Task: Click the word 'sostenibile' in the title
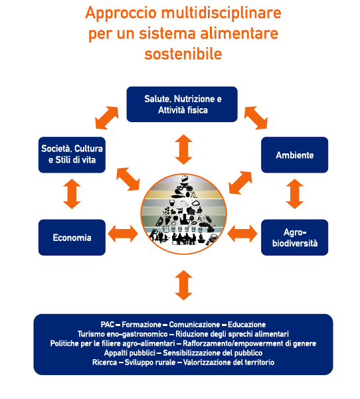coord(183,54)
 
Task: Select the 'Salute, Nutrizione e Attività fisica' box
coord(182,104)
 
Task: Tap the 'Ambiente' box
coord(294,155)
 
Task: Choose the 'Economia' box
coord(72,238)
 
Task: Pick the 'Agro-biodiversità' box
coord(294,238)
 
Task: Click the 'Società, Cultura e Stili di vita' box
coord(72,155)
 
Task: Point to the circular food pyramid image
coord(183,214)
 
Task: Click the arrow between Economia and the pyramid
coord(123,234)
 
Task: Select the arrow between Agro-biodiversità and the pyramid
coord(242,234)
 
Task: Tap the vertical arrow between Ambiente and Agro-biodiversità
coord(294,194)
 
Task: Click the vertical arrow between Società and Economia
coord(72,194)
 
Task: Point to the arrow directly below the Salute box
coord(183,149)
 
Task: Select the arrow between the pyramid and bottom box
coord(183,285)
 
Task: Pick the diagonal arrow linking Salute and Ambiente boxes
coord(256,118)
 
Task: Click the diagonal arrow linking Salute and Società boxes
coord(107,118)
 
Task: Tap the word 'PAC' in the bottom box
coord(108,325)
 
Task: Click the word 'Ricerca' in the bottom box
coord(104,362)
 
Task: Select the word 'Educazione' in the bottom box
coord(246,325)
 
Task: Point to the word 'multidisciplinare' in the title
coord(221,13)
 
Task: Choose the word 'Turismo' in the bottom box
coord(90,334)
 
